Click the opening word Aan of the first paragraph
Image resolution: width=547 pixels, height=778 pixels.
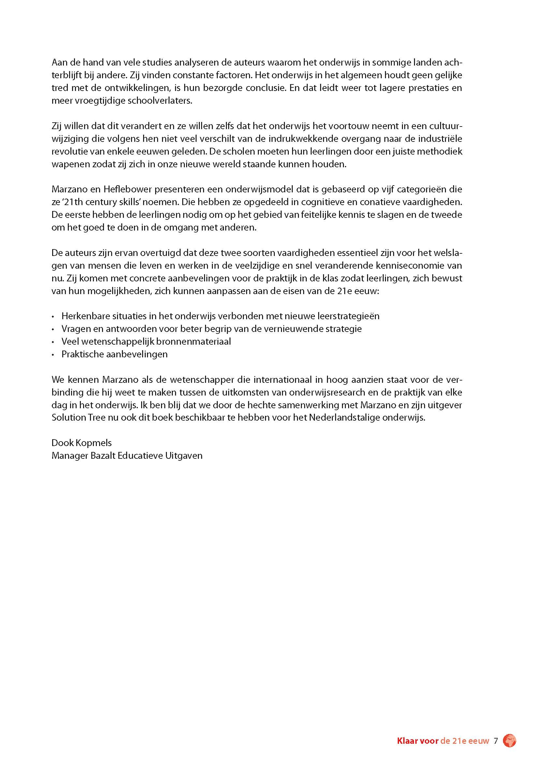tap(59, 63)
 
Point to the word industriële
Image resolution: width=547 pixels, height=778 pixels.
tap(440, 139)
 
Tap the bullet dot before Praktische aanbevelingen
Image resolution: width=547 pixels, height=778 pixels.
tap(53, 355)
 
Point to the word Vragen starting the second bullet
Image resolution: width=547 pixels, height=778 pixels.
tap(73, 329)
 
